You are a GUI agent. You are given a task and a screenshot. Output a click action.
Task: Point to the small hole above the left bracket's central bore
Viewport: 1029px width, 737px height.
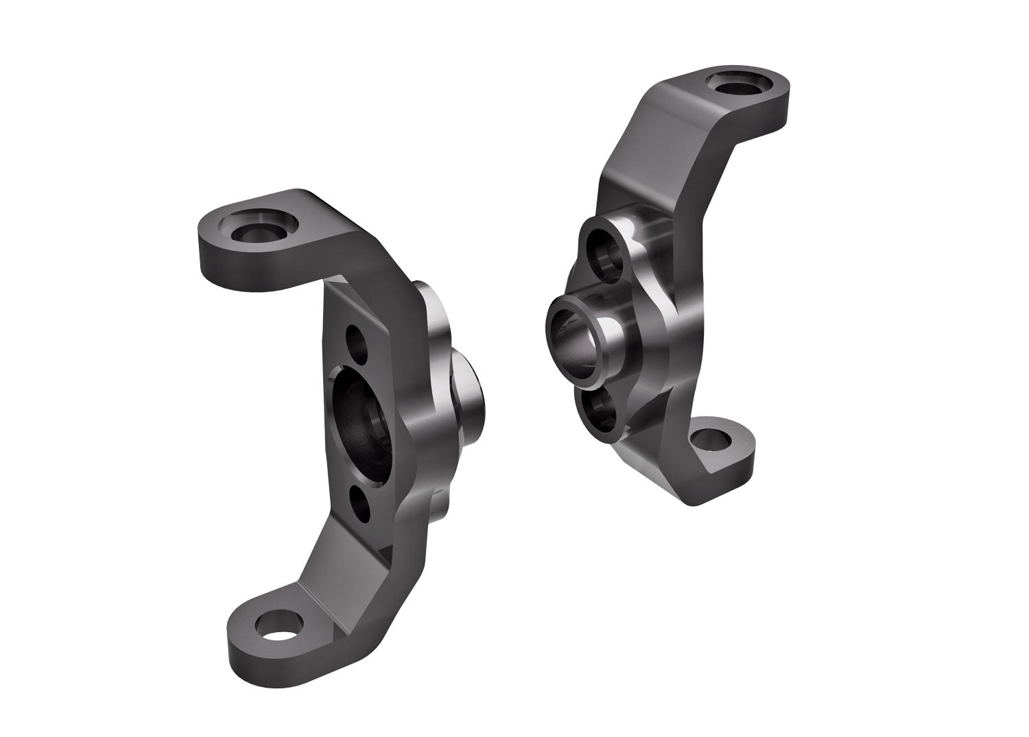(x=357, y=340)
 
